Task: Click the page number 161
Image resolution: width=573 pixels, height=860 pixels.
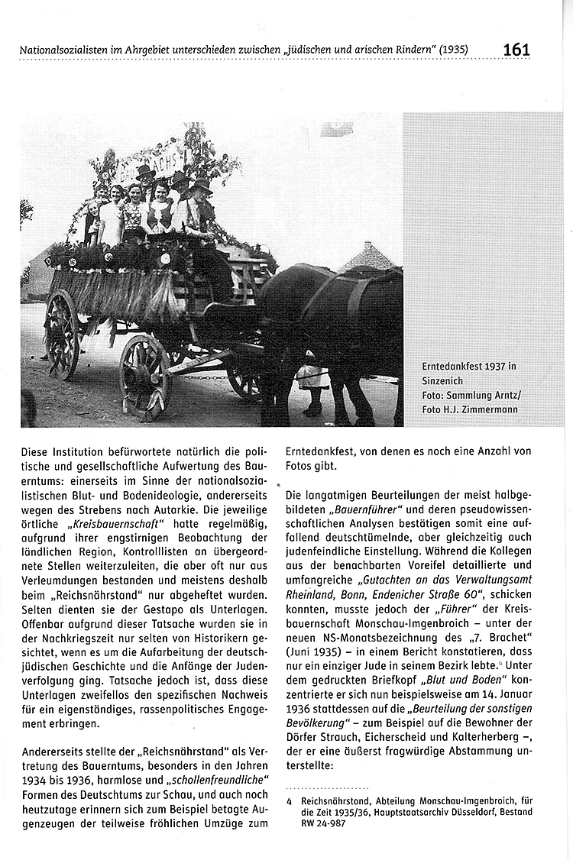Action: pyautogui.click(x=516, y=50)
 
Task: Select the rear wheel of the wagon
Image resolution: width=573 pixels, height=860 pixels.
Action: pyautogui.click(x=61, y=333)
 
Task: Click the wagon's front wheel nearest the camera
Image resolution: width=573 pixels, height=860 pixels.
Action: pyautogui.click(x=144, y=376)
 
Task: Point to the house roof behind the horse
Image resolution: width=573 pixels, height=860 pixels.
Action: pyautogui.click(x=370, y=258)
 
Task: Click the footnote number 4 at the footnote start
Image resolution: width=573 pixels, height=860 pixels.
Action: pyautogui.click(x=290, y=800)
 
